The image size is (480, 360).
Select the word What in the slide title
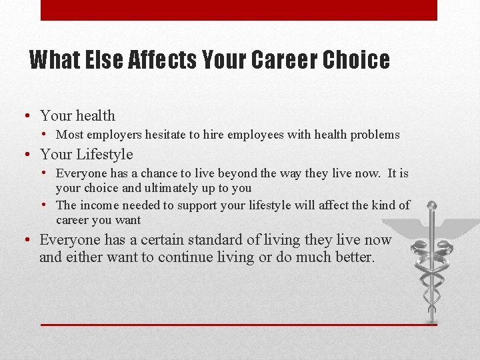pyautogui.click(x=55, y=60)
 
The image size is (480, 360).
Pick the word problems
pyautogui.click(x=374, y=135)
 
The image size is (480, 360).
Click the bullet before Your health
pyautogui.click(x=25, y=116)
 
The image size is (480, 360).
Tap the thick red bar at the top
pyautogui.click(x=239, y=10)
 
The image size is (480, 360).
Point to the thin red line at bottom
pyautogui.click(x=239, y=325)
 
